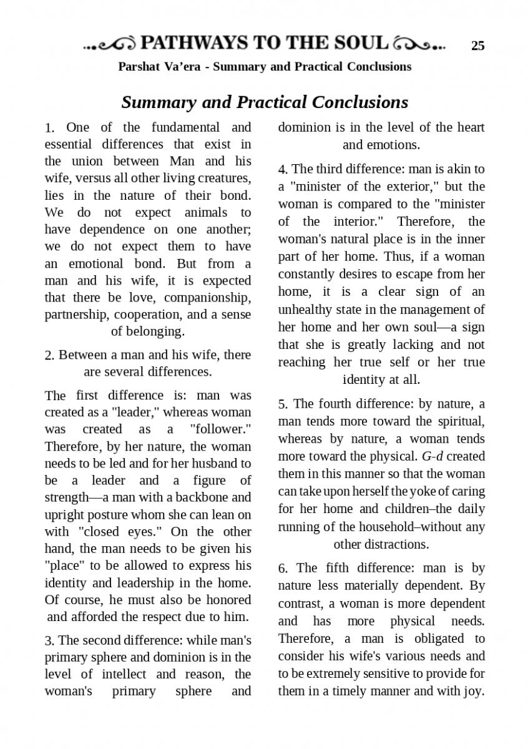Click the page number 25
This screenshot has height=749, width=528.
(x=477, y=46)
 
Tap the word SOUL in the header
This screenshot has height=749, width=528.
(x=363, y=43)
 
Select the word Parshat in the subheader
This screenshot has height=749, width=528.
(x=139, y=66)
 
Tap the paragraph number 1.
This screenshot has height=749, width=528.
(x=49, y=128)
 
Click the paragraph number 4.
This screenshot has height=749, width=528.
(x=283, y=170)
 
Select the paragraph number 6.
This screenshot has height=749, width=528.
(x=283, y=569)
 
